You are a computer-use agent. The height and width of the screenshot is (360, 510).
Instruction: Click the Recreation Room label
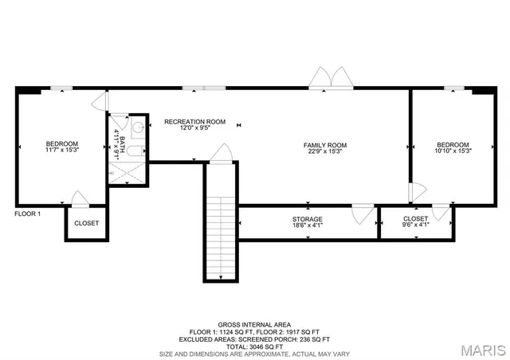tap(194, 122)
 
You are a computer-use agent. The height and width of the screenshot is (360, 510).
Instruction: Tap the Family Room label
tap(325, 145)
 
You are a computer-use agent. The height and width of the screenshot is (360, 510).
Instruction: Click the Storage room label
tap(307, 219)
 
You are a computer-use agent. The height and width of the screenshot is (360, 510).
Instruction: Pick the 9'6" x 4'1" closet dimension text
tap(416, 225)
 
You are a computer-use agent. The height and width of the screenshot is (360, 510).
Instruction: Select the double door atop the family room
tap(330, 78)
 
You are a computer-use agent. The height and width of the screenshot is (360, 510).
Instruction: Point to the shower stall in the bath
tap(128, 172)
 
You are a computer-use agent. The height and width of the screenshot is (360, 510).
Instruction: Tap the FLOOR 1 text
tap(27, 213)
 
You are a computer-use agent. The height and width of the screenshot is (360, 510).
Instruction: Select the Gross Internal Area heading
tap(254, 325)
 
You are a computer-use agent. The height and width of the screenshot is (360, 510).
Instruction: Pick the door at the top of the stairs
tap(221, 153)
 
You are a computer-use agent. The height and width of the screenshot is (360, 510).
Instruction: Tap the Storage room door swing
tap(363, 212)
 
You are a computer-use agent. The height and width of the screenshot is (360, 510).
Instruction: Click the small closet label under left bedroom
tap(87, 223)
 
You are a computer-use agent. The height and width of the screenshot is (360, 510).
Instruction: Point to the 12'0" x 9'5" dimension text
tap(194, 128)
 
